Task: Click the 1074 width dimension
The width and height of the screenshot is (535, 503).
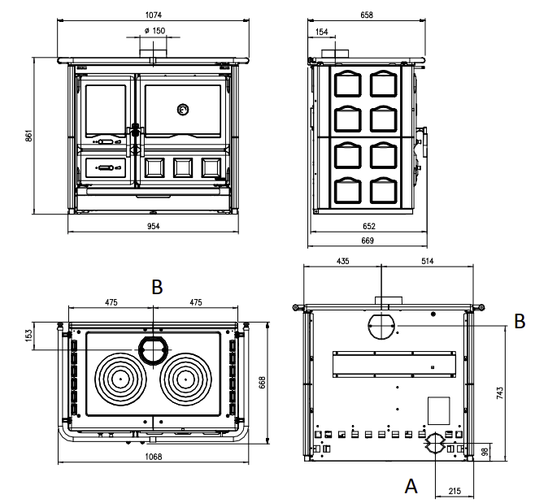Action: point(153,15)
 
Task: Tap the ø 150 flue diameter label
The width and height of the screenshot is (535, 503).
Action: point(155,31)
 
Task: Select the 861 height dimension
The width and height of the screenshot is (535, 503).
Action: point(29,136)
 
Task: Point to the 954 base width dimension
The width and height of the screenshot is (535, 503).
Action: point(153,226)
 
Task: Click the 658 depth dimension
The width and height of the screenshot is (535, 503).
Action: point(367,15)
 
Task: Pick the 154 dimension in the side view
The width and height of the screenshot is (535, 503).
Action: point(321,32)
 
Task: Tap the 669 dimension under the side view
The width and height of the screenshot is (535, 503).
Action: point(368,241)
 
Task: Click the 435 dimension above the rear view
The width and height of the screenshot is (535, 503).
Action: point(342,261)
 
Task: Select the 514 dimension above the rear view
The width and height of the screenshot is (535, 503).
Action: point(427,261)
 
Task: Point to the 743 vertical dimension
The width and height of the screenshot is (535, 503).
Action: point(499,393)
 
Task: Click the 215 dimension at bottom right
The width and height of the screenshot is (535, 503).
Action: point(455,491)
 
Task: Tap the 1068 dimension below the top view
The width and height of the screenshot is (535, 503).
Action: point(153,457)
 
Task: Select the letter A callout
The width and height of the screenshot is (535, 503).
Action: point(411,486)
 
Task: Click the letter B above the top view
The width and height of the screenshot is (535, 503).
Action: point(157,287)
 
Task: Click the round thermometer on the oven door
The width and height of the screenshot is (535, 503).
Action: point(183,110)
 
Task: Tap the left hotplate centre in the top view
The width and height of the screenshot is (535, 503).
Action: point(120,379)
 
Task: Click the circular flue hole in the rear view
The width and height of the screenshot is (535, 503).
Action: point(381,326)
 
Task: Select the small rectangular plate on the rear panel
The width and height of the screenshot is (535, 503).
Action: point(439,410)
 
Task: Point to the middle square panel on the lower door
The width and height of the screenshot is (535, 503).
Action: point(183,167)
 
